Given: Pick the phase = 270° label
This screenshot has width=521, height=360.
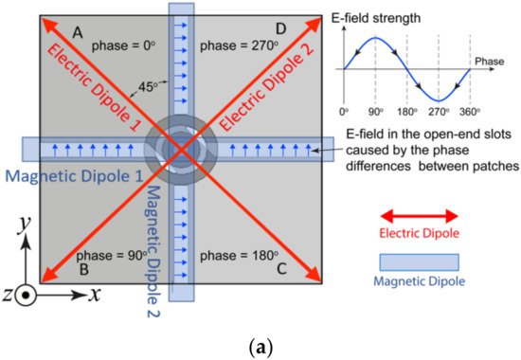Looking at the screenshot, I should click(233, 45).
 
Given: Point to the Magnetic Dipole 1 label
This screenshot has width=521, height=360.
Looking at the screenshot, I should click(71, 174).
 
